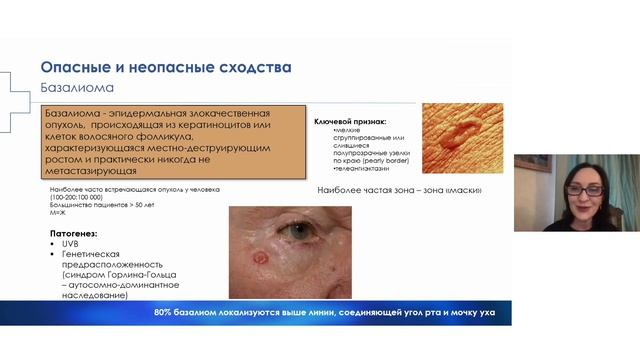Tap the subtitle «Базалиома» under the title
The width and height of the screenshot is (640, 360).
point(74,89)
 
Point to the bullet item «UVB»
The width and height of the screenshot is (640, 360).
point(70,243)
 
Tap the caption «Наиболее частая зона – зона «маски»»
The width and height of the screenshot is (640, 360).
point(399,190)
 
